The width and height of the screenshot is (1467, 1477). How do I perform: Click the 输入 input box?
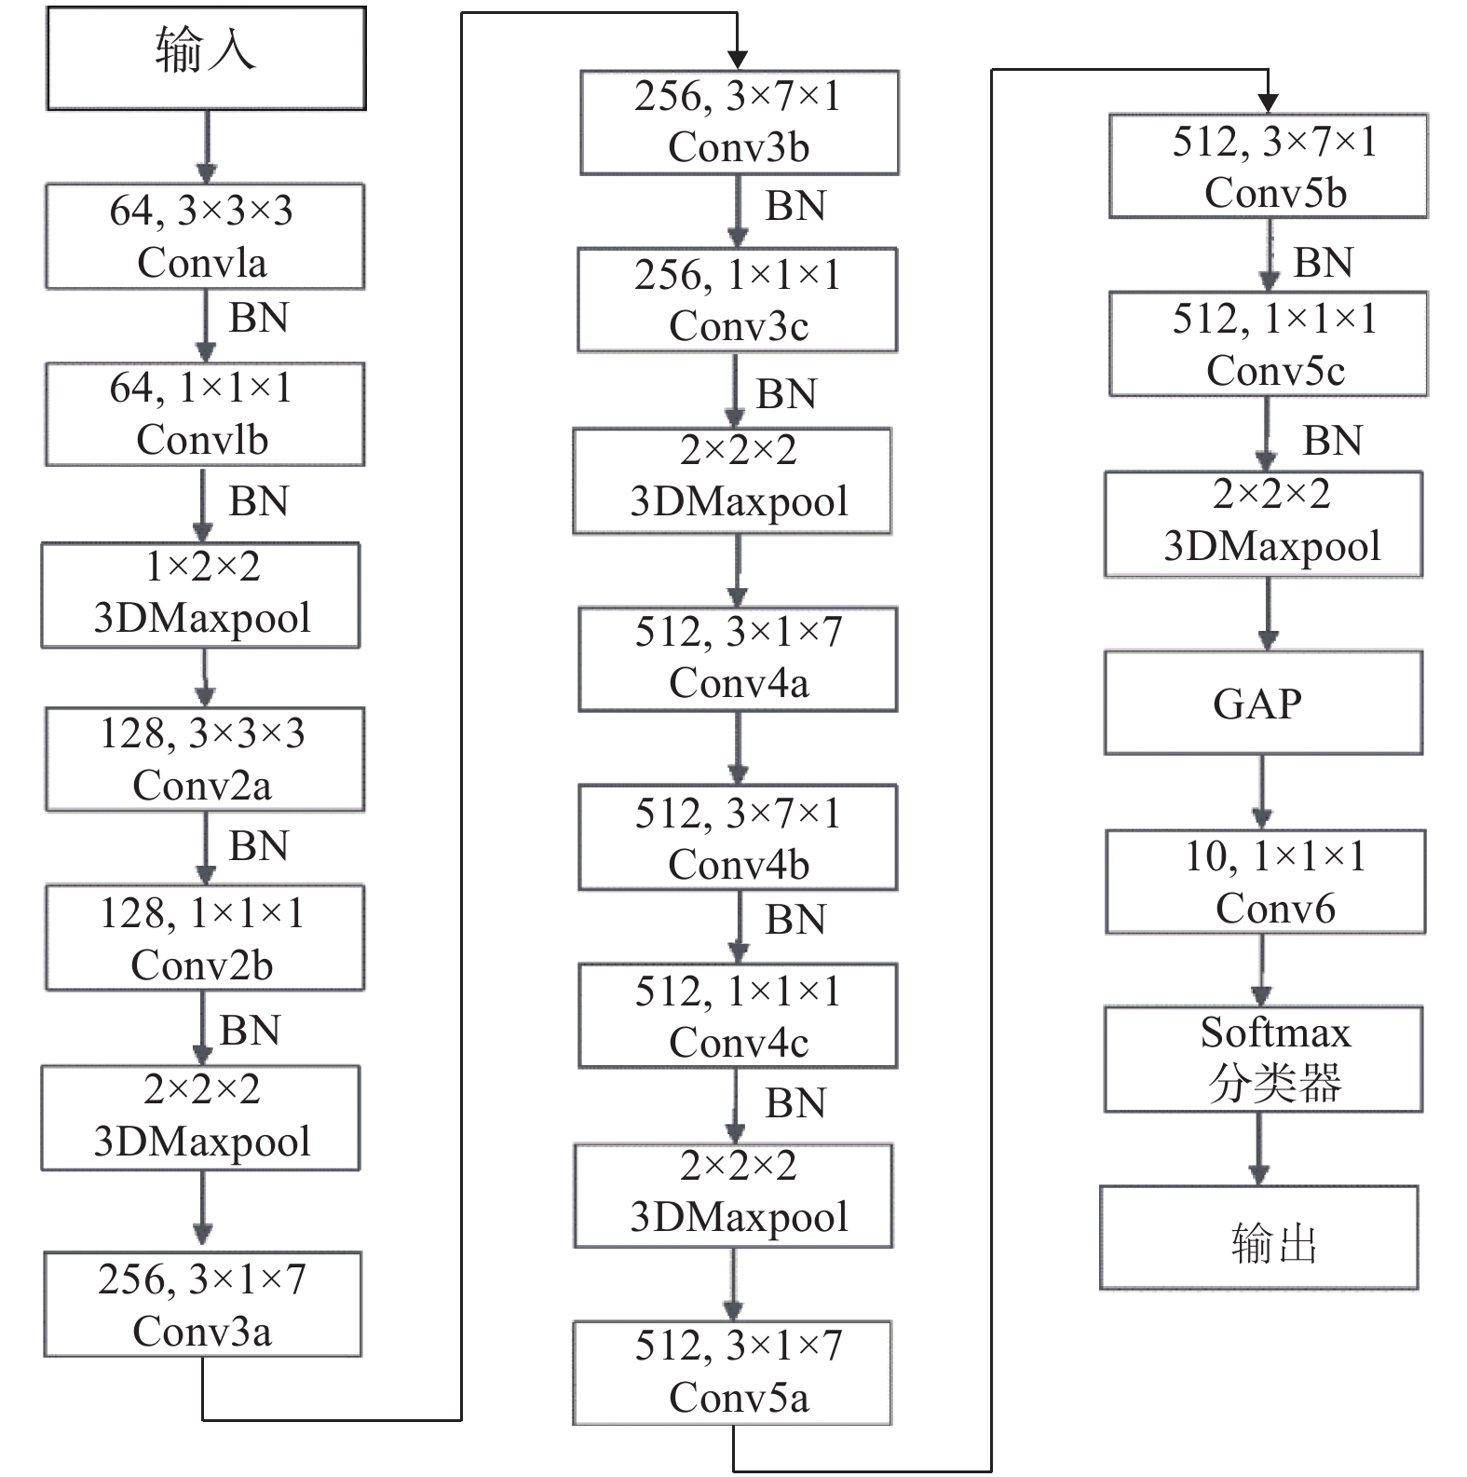[x=206, y=58]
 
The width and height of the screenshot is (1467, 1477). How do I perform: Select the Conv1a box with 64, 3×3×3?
[x=205, y=236]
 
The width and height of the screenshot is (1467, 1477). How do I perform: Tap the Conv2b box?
[x=205, y=937]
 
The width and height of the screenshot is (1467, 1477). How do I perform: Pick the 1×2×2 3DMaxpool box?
[x=201, y=595]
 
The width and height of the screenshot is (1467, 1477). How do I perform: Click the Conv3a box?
[x=203, y=1304]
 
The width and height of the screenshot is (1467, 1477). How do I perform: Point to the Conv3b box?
[x=740, y=122]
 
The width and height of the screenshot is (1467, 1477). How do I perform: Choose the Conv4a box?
[x=738, y=659]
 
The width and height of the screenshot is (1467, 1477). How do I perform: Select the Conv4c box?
[x=738, y=1016]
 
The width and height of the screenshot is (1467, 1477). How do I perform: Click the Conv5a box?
[x=732, y=1372]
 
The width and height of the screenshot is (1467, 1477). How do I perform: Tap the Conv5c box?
[x=1269, y=344]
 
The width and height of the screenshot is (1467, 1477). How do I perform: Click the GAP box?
[x=1264, y=703]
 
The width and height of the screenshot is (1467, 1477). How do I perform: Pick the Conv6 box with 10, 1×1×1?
[x=1266, y=882]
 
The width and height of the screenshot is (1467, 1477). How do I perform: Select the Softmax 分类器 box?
[x=1264, y=1059]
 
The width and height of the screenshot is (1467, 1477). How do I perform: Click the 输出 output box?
[x=1259, y=1238]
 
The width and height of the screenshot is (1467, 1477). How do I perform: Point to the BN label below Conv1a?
[x=259, y=318]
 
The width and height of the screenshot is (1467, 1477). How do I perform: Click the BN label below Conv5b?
[x=1323, y=263]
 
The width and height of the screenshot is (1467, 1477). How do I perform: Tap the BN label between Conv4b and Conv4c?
[x=795, y=920]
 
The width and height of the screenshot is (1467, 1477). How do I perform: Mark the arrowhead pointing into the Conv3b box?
[x=738, y=61]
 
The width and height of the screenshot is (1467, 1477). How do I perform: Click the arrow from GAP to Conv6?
[x=1262, y=792]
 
